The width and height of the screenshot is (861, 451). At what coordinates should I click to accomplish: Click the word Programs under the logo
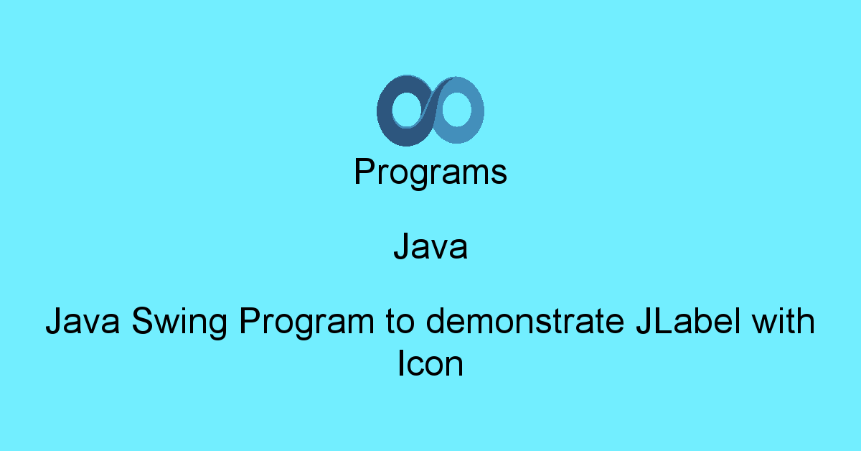[x=430, y=172]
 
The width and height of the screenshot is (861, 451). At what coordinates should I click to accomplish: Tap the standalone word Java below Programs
[x=430, y=246]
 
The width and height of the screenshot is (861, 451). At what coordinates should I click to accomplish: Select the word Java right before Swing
[x=83, y=320]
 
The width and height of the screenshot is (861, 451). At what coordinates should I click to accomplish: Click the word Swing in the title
[x=179, y=322]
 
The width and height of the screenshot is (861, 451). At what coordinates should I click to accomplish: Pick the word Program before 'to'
[x=307, y=322]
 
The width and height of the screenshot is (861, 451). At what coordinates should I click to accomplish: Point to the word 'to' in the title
[x=400, y=321]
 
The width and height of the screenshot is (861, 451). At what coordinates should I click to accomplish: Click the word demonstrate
[x=525, y=320]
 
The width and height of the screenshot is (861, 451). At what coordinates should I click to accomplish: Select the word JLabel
[x=688, y=320]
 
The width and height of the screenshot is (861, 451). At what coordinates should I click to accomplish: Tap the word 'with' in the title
[x=784, y=320]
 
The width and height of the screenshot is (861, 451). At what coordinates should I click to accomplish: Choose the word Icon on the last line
[x=430, y=363]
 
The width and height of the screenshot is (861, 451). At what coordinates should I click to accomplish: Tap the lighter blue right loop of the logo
[x=476, y=111]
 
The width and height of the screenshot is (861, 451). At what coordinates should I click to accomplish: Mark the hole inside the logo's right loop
[x=456, y=109]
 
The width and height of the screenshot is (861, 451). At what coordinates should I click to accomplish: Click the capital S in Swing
[x=143, y=320]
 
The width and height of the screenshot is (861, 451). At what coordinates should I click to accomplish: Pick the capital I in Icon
[x=400, y=363]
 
